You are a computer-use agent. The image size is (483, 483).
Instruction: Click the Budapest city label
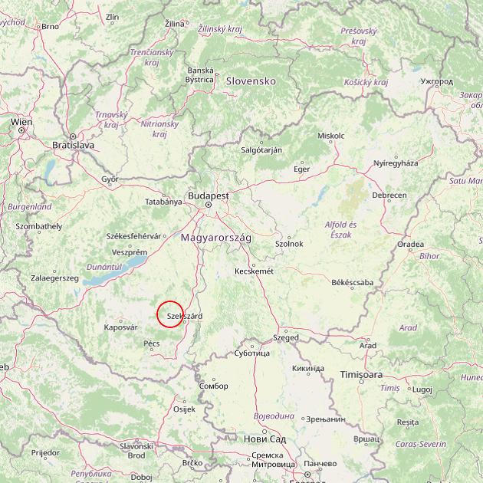tap(209, 195)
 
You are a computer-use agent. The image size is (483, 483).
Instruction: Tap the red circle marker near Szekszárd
tap(170, 314)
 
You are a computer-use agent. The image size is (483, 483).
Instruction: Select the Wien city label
tap(21, 122)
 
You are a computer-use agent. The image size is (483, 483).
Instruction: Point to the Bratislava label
tap(73, 144)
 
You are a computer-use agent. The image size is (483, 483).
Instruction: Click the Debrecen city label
tap(389, 195)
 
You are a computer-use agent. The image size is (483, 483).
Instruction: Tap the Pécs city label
tap(152, 343)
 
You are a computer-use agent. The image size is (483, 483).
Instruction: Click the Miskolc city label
tap(330, 136)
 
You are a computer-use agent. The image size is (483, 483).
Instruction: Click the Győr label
tap(110, 179)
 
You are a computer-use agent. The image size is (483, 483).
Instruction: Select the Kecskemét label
tap(254, 271)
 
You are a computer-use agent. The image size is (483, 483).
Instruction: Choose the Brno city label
tap(50, 26)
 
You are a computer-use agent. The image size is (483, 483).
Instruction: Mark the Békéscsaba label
tap(353, 283)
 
